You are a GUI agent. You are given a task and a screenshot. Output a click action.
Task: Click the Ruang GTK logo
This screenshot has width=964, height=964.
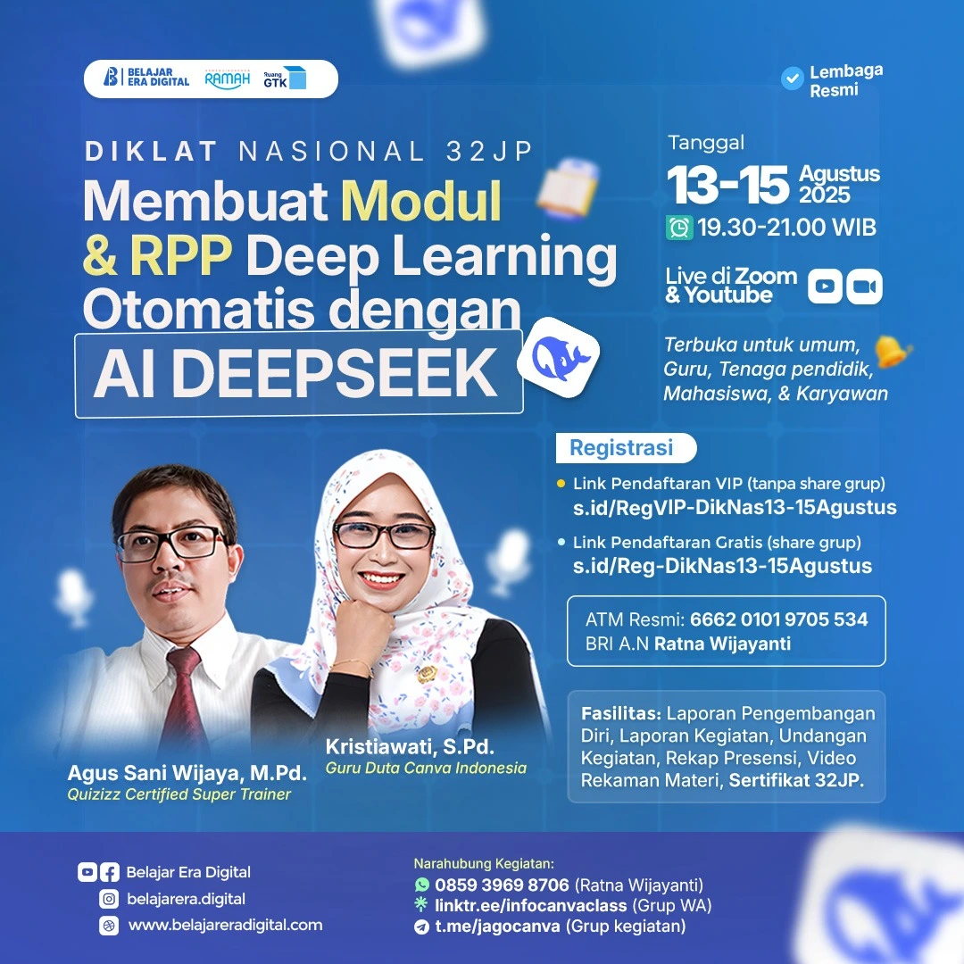(285, 78)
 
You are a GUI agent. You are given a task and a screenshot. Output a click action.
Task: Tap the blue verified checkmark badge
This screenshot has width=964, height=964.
(792, 79)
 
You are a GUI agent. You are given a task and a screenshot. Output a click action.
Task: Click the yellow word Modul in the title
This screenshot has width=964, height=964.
(421, 201)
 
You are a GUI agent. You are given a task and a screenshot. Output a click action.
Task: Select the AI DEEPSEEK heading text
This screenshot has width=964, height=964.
(295, 372)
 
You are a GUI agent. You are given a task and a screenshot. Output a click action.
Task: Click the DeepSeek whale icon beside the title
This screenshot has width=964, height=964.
(558, 356)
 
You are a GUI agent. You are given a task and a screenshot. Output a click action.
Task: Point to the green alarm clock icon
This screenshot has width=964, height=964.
(679, 229)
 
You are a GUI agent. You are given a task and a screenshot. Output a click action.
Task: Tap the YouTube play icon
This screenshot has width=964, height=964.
(825, 286)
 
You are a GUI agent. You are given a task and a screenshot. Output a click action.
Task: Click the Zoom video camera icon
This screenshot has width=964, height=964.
(864, 286)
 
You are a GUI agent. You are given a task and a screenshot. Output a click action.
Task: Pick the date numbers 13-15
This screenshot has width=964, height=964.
(728, 184)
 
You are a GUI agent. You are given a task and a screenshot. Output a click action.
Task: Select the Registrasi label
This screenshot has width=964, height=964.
(621, 447)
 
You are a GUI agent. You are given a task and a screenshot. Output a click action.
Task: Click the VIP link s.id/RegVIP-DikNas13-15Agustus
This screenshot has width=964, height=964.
(735, 507)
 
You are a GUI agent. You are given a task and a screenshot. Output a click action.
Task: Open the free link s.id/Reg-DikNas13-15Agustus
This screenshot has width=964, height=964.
(722, 566)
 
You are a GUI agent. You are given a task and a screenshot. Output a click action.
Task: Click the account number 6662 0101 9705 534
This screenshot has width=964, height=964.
(779, 619)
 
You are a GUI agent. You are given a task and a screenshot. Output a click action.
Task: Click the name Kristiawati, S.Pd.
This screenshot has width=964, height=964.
(410, 746)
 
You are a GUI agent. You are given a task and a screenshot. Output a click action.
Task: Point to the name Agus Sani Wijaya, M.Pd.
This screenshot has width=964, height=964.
(187, 773)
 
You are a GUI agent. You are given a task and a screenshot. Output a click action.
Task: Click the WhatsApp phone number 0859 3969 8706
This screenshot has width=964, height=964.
(502, 885)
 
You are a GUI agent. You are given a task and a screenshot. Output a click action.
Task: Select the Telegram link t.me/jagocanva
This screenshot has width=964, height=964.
(497, 926)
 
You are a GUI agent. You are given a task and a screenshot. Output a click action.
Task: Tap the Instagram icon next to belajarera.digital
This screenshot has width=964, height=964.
(109, 899)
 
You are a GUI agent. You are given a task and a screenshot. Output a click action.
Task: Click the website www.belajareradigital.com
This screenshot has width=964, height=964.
(225, 925)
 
